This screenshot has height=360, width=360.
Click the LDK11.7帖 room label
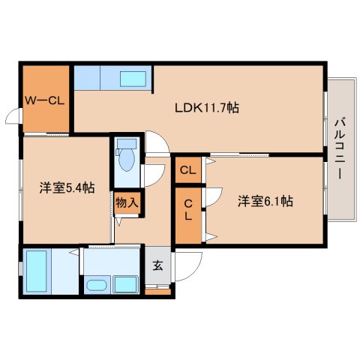(x=207, y=108)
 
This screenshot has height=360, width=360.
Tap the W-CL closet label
(x=45, y=100)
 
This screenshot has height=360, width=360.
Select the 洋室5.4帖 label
(x=67, y=187)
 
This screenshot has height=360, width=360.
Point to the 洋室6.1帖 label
(x=265, y=201)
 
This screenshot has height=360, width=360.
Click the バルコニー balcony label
(x=340, y=149)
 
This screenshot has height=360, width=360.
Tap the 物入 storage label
(x=127, y=202)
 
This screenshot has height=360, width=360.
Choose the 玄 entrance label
(x=157, y=265)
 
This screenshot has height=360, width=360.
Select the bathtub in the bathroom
(x=37, y=271)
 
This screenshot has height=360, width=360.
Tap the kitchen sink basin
(x=133, y=79)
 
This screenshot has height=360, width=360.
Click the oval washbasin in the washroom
(x=97, y=285)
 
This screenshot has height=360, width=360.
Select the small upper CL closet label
(x=188, y=170)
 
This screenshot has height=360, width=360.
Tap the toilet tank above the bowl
(x=127, y=144)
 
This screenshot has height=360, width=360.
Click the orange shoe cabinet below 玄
(x=157, y=292)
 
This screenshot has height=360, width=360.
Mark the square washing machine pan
(x=125, y=284)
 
